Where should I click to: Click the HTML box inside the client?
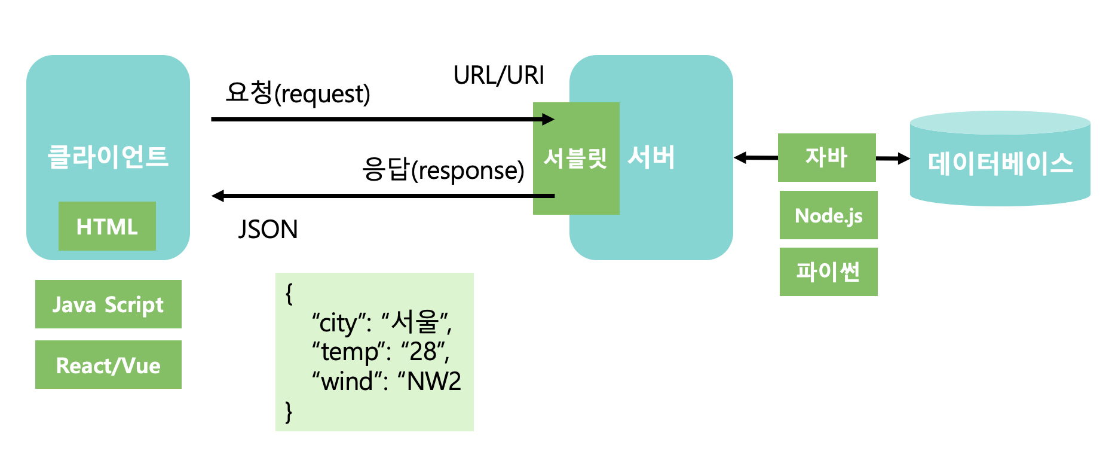click(107, 226)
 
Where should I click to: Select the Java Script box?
click(108, 304)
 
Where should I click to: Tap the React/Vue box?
click(108, 365)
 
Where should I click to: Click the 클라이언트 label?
click(108, 157)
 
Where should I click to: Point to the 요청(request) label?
click(298, 93)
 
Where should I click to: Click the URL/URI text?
click(498, 75)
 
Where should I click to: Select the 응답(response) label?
click(443, 170)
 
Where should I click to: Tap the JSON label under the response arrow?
click(268, 230)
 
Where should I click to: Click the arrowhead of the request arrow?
click(549, 119)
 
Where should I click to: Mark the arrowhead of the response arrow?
click(218, 196)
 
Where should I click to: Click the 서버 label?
click(651, 157)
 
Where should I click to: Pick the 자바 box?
click(826, 157)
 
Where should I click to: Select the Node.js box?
click(828, 215)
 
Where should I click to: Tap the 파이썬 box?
click(828, 272)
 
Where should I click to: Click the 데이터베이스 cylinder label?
click(1000, 163)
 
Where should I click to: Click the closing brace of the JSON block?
click(289, 412)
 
